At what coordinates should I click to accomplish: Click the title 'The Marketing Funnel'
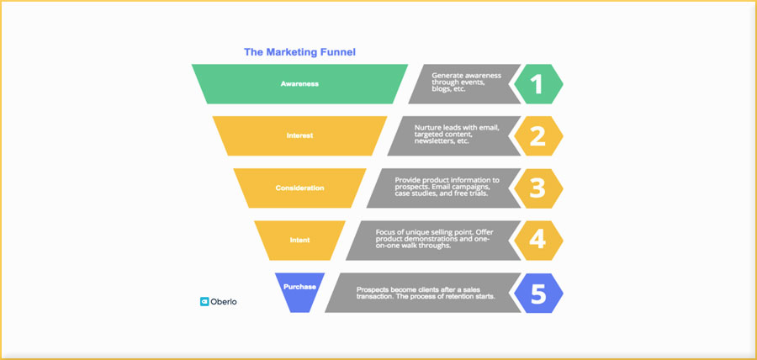(299, 52)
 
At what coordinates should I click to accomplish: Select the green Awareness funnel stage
(299, 84)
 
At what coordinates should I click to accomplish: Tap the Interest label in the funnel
(299, 135)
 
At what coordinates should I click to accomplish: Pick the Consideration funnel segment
(299, 188)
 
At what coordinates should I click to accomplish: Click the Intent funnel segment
(299, 240)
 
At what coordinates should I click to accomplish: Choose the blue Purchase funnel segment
(299, 289)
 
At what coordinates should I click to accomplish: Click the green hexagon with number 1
(537, 84)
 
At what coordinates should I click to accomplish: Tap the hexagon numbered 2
(537, 135)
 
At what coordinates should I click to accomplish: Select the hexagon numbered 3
(537, 188)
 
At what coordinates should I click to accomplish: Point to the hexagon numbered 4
(537, 240)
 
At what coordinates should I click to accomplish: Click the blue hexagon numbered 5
(537, 293)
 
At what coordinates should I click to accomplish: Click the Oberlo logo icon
(204, 301)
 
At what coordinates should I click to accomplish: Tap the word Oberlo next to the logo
(224, 301)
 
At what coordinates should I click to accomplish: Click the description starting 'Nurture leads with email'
(457, 128)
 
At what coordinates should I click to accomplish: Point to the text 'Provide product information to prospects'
(447, 180)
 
